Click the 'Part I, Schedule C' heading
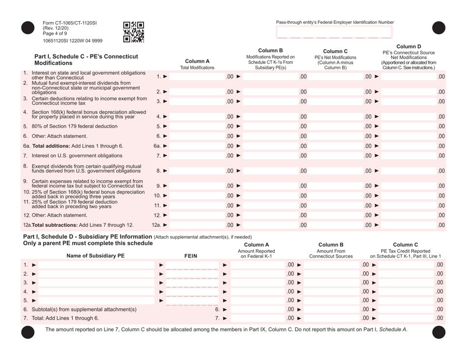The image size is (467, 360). click(x=86, y=60)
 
